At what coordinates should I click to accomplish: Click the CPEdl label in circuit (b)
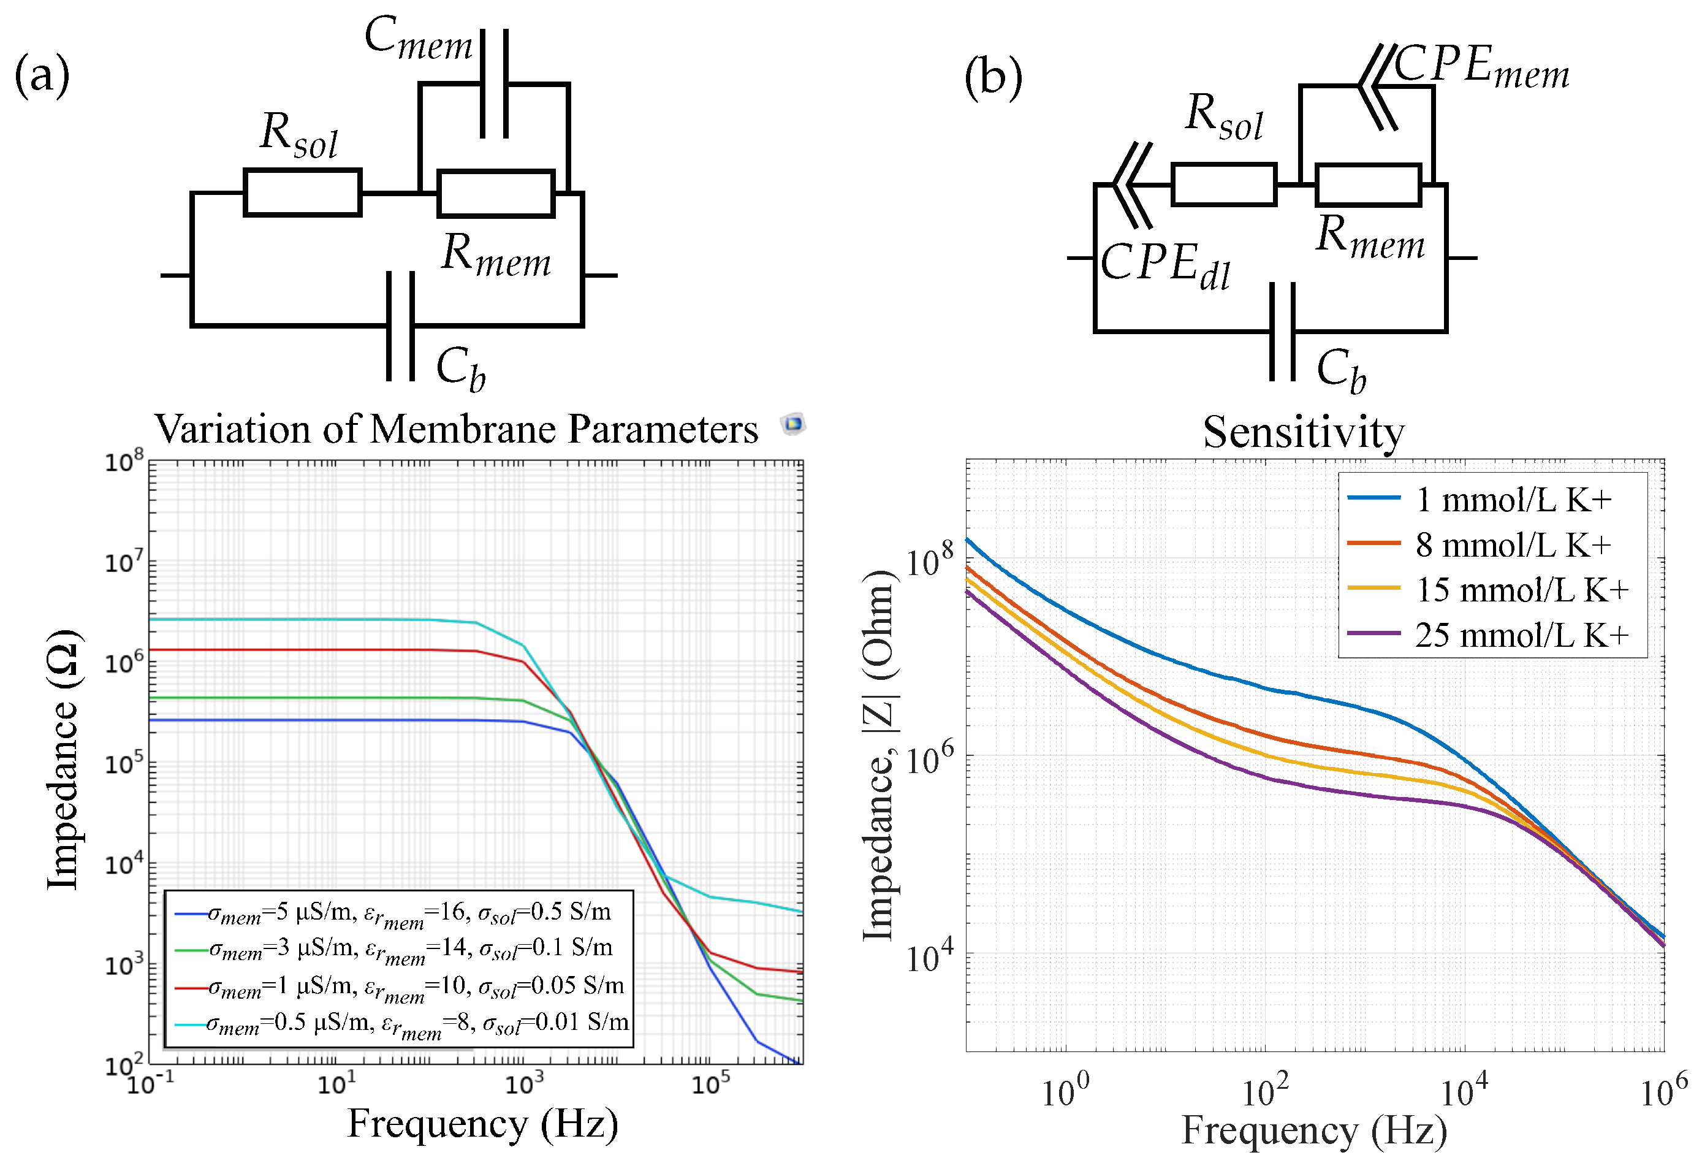point(1164,265)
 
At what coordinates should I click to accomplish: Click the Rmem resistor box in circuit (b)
point(1367,185)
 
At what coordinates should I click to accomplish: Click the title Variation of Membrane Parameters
point(455,429)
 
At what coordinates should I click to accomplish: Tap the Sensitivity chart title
point(1303,432)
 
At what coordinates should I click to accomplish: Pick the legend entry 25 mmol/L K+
point(1521,635)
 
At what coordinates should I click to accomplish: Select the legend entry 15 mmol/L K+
point(1521,590)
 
